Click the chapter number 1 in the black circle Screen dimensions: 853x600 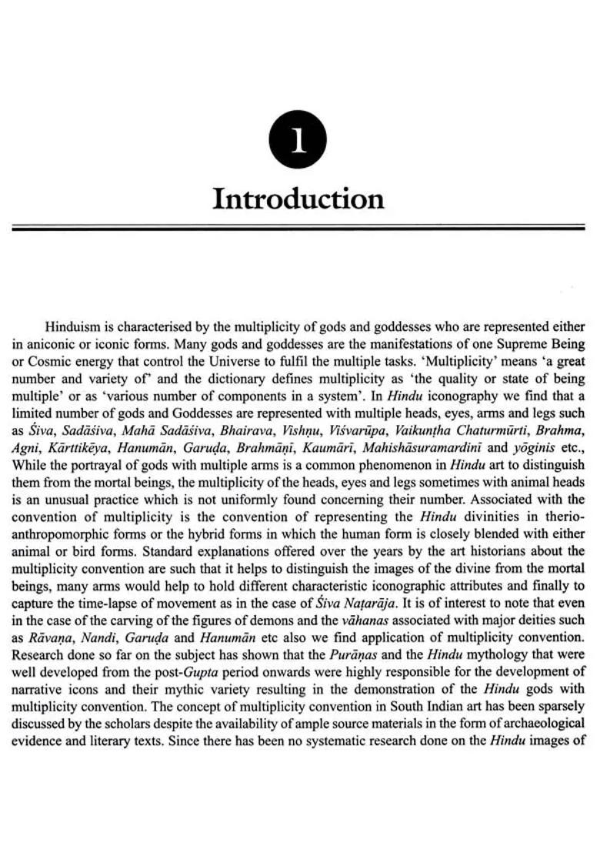[x=298, y=143]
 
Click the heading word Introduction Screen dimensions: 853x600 [x=298, y=199]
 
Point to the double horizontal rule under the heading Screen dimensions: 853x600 [x=299, y=228]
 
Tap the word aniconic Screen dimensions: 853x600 [x=48, y=343]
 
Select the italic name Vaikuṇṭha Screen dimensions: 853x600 [x=417, y=431]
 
